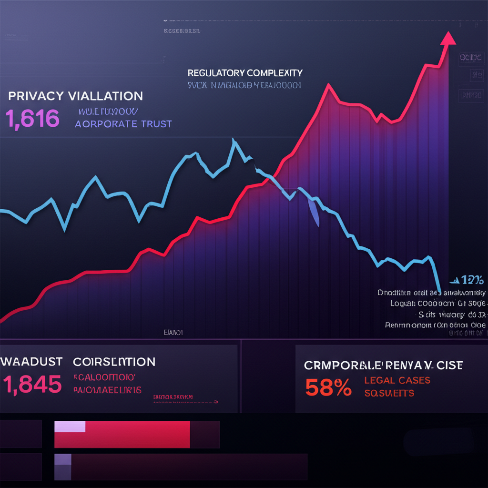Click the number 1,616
click(32, 119)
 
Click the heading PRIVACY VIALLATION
click(75, 96)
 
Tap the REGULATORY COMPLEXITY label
click(245, 73)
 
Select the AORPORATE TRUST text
click(123, 124)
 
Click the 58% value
click(328, 388)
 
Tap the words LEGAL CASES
click(397, 380)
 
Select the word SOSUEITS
click(389, 393)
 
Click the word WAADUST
click(31, 362)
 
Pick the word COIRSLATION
click(114, 362)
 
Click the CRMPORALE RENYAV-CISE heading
click(383, 366)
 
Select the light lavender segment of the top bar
click(70, 427)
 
